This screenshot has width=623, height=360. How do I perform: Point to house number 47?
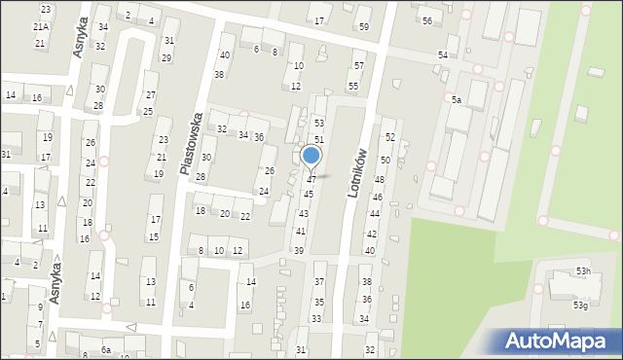point(311,180)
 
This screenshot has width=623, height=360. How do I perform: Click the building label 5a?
point(455,99)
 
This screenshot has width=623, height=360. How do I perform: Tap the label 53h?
point(582,270)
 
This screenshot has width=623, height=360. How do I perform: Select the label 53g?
point(580,306)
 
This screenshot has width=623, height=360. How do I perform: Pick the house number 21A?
point(40,27)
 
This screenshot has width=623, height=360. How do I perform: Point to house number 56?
point(426,20)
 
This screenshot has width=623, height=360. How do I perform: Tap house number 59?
point(363,26)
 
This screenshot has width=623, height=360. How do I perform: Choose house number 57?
point(358,65)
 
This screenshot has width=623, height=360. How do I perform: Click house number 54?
point(443,54)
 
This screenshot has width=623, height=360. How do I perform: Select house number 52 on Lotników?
point(388,137)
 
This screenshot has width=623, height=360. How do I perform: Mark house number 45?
point(308,195)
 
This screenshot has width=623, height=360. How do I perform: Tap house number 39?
point(299,251)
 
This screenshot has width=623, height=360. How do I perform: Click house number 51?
point(318,141)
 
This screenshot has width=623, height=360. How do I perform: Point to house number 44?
point(374,213)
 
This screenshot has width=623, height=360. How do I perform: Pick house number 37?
point(319,281)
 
